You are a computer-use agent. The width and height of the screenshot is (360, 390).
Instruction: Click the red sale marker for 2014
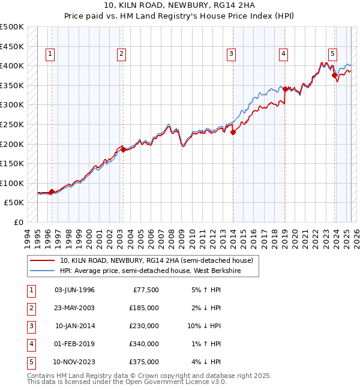pyautogui.click(x=233, y=133)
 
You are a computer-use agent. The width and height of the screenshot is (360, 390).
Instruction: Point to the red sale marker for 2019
pyautogui.click(x=285, y=89)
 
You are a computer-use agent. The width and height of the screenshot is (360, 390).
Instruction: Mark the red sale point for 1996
pyautogui.click(x=52, y=192)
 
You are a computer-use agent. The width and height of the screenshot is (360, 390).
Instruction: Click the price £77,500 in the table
pyautogui.click(x=145, y=290)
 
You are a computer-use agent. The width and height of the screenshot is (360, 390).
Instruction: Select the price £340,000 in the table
pyautogui.click(x=144, y=344)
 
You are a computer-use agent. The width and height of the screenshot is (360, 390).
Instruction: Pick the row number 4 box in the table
pyautogui.click(x=31, y=344)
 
